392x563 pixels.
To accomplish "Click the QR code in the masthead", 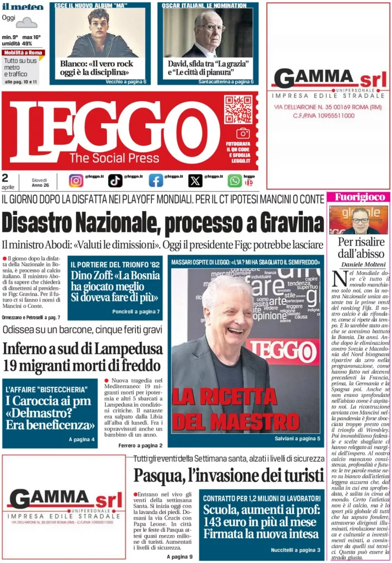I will [238, 109].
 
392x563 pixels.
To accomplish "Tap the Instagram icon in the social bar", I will [76, 180].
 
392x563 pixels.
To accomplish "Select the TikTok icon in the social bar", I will [115, 180].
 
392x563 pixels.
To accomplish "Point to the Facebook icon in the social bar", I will [156, 180].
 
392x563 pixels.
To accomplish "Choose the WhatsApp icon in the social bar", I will [235, 180].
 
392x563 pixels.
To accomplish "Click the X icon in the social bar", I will [195, 180].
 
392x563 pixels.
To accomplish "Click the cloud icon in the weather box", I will [26, 23].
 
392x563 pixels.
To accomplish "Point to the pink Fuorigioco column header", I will [358, 197].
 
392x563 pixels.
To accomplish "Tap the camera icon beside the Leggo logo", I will [243, 133].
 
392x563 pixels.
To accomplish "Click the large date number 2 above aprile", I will [5, 178].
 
